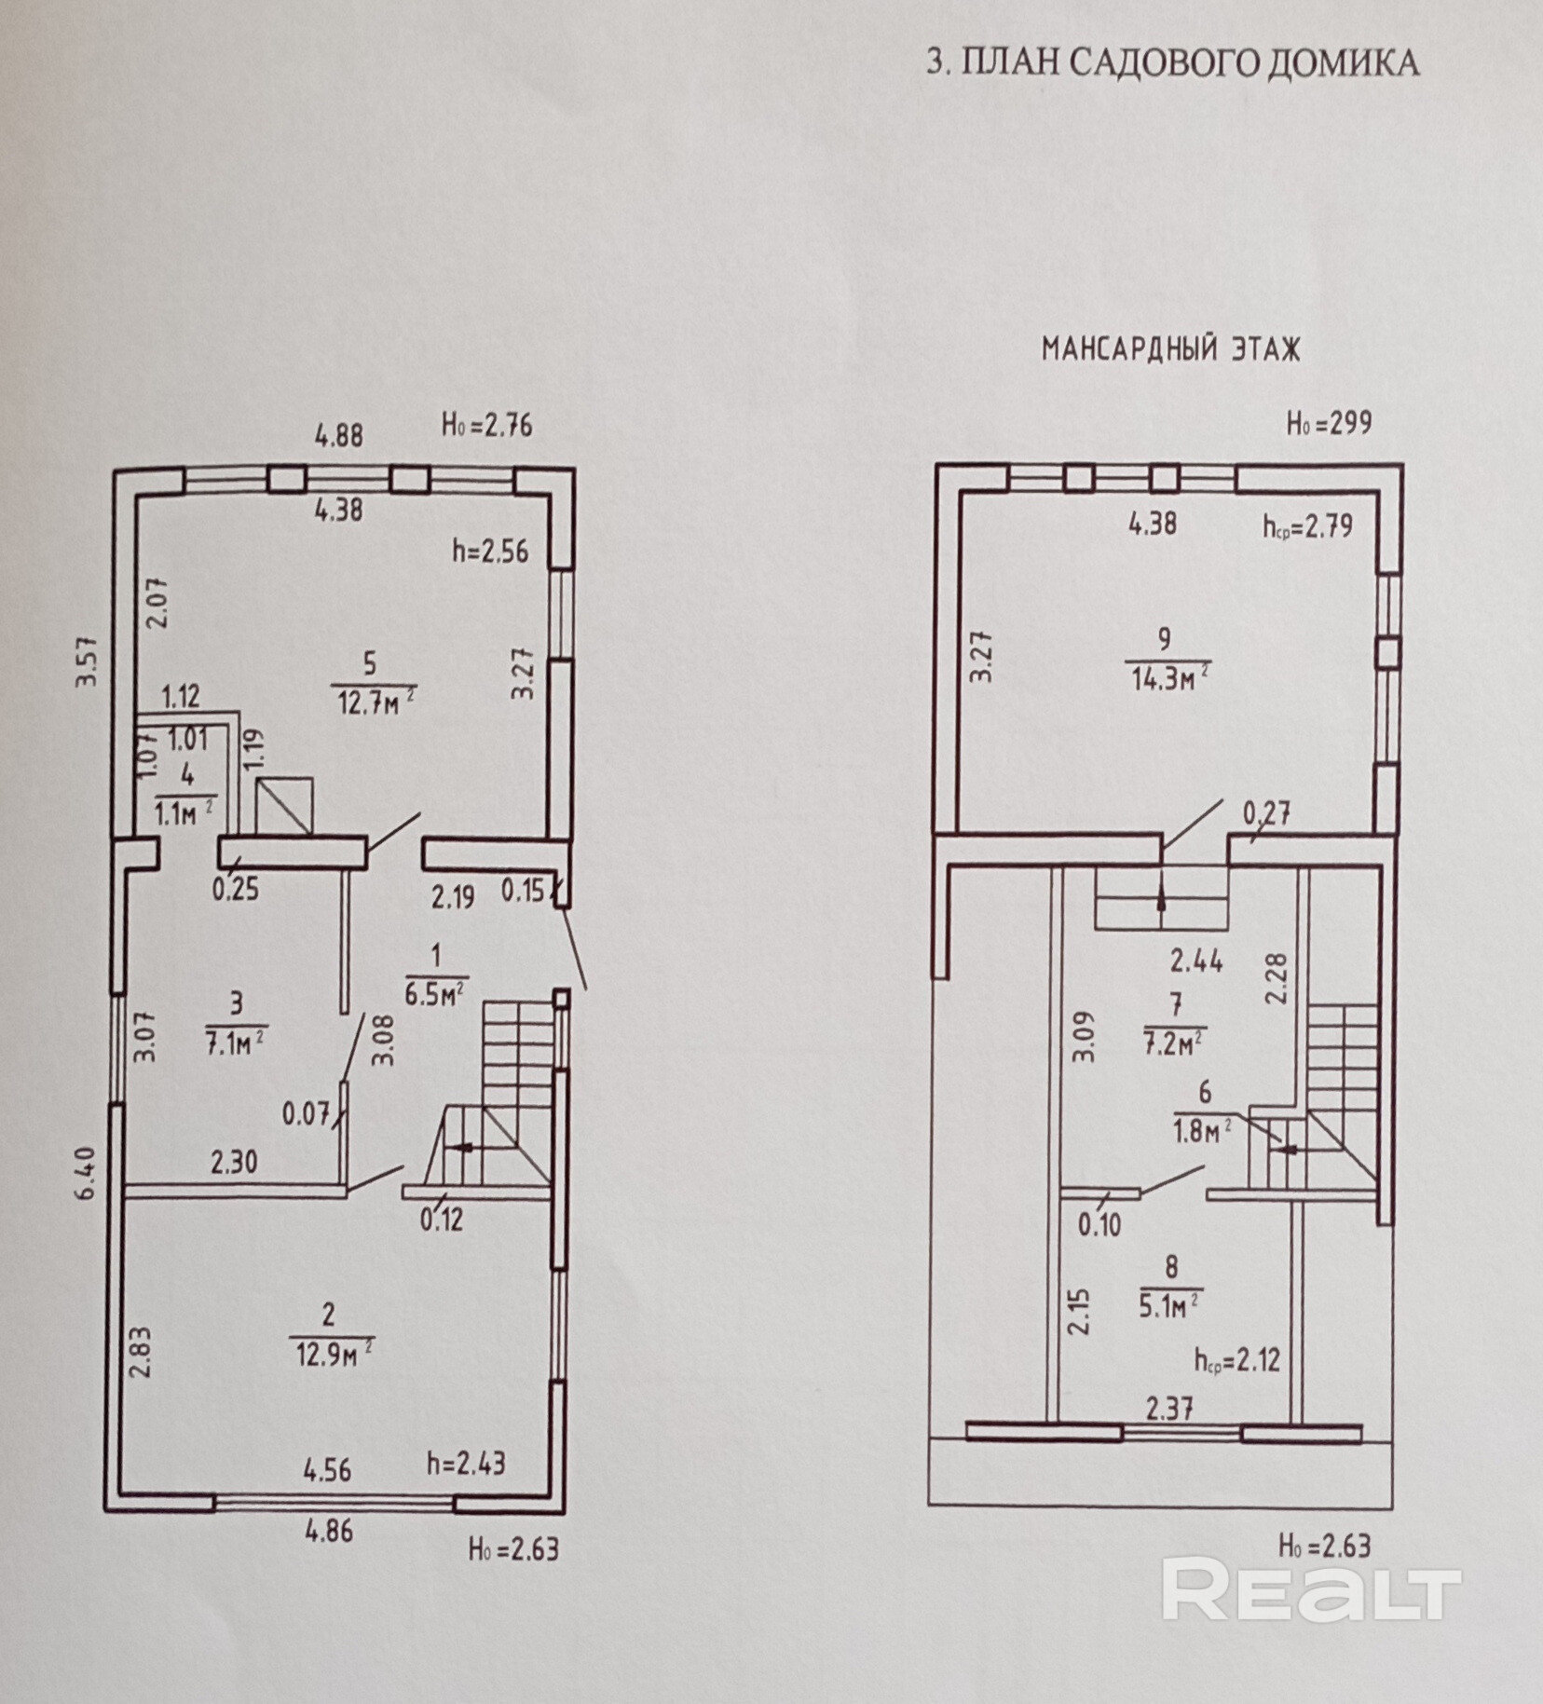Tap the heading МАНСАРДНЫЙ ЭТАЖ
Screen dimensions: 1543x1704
coord(1170,349)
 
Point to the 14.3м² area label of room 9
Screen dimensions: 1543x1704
coord(1169,677)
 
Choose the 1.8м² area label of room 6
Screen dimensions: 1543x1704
coord(1205,1128)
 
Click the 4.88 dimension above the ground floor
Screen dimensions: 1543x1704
coord(338,436)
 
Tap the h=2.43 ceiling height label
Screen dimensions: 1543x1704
coord(466,1464)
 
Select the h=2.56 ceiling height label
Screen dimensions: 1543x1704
coord(489,552)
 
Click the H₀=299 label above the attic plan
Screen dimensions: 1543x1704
coord(1329,424)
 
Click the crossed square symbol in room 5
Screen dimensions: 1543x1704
coord(284,804)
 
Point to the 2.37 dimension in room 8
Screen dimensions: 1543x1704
coord(1169,1409)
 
